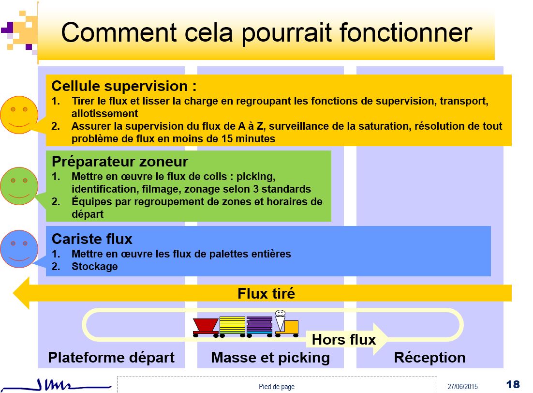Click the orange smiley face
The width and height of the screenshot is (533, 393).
tap(19, 115)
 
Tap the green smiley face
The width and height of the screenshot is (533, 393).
tap(19, 186)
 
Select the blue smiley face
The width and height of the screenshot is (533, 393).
tap(19, 249)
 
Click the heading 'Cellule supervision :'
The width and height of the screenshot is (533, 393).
tap(124, 86)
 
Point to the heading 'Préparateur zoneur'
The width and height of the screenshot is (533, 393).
tap(119, 162)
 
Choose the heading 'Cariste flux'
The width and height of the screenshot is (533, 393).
tap(92, 239)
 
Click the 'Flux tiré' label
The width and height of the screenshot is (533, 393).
tap(266, 293)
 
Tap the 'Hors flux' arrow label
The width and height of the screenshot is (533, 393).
tap(344, 340)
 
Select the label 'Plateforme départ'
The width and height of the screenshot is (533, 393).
tap(111, 358)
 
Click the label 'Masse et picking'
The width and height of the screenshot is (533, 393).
tap(270, 358)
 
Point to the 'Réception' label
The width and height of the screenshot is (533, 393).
tap(429, 358)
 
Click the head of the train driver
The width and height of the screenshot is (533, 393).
tap(280, 313)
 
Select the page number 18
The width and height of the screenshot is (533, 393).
tap(513, 384)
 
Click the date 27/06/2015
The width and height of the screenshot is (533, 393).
tap(462, 387)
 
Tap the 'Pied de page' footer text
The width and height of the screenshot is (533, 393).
tap(277, 387)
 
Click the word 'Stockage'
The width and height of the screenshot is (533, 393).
tap(94, 266)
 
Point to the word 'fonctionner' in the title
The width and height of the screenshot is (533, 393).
tap(406, 32)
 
